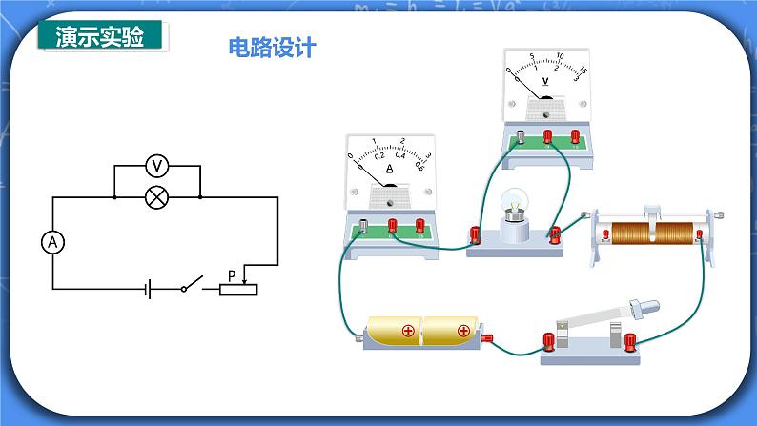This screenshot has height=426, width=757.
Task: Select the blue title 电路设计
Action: click(x=272, y=48)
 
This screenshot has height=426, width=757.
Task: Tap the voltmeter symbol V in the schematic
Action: click(x=157, y=166)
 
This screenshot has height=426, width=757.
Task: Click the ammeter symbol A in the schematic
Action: click(x=53, y=243)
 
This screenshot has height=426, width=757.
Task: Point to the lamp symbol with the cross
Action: click(x=157, y=197)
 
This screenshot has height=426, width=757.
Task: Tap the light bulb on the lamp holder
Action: click(x=516, y=203)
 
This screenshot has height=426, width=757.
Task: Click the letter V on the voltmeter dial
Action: click(x=545, y=81)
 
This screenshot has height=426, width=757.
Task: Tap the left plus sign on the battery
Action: click(x=407, y=331)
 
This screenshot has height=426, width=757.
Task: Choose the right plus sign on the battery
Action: click(x=463, y=331)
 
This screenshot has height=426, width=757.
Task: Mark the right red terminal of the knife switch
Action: click(x=629, y=340)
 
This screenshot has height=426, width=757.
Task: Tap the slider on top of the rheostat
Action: click(x=652, y=210)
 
